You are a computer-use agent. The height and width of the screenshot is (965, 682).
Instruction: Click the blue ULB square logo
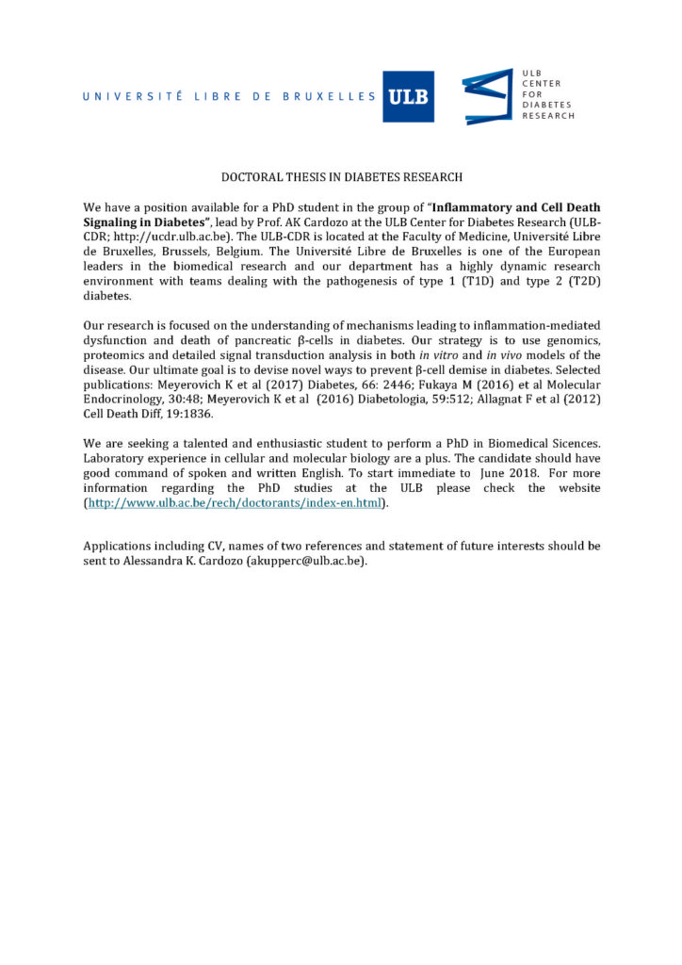pos(408,97)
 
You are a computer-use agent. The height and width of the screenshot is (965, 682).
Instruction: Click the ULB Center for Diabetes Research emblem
pos(487,96)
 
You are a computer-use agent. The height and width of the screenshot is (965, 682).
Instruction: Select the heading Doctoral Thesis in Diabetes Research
pos(341,176)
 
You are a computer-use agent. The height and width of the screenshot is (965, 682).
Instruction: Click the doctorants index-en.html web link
pos(235,504)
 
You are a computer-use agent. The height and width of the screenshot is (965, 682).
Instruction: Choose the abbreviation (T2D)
pos(582,282)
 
